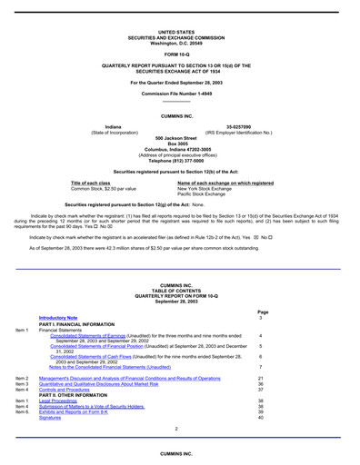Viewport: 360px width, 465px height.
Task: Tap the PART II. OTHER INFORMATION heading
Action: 83,393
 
